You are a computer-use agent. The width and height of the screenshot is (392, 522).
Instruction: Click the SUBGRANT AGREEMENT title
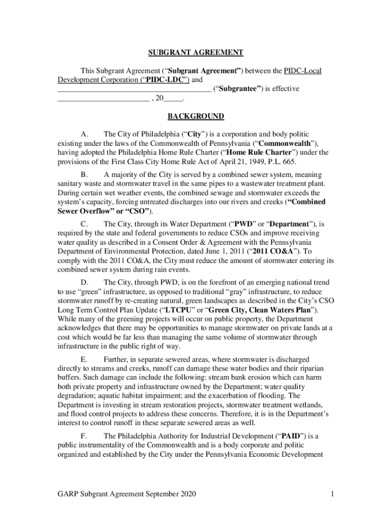click(x=196, y=53)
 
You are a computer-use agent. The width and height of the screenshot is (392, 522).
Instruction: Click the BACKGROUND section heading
click(x=196, y=117)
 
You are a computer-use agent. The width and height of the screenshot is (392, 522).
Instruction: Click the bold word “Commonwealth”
click(x=286, y=143)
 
